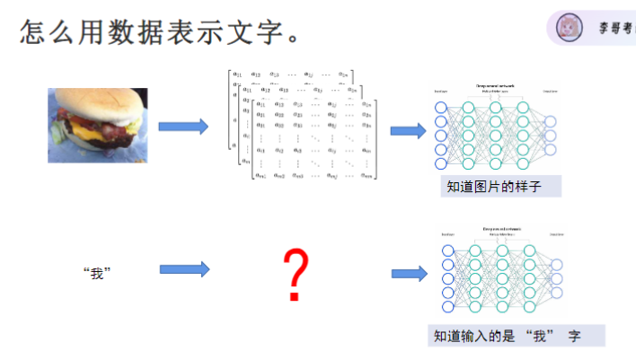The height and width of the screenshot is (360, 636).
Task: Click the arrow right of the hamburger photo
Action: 183,126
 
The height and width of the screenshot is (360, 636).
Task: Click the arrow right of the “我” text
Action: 184,268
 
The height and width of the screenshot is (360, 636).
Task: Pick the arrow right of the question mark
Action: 409,274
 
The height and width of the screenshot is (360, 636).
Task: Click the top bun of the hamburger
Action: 101,101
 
